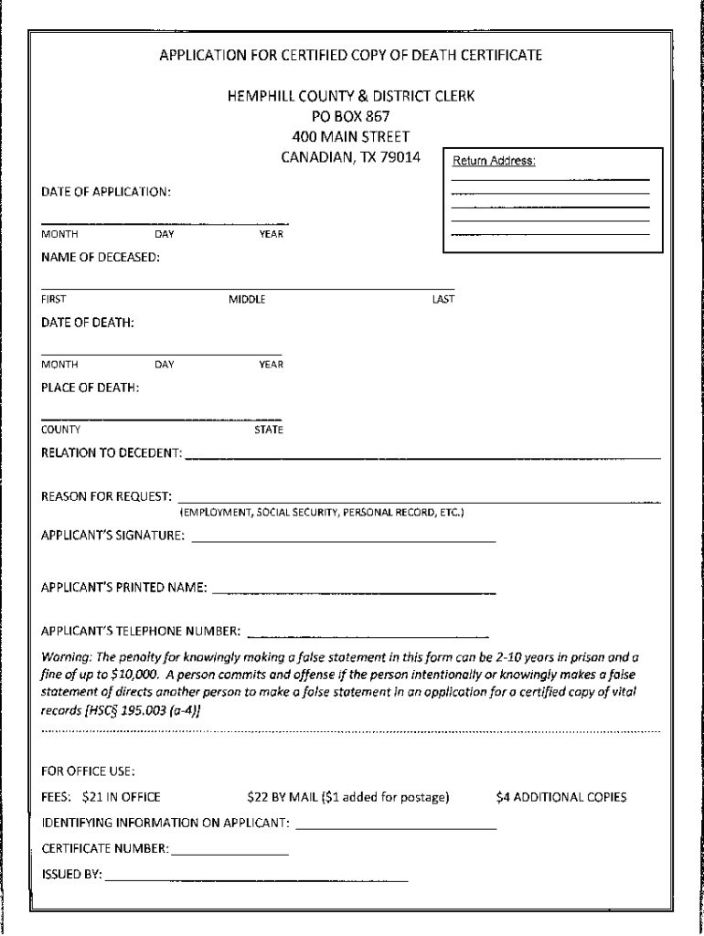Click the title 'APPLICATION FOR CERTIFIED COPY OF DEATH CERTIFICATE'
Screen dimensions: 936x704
coord(351,55)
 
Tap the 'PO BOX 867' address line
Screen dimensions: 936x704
coord(351,116)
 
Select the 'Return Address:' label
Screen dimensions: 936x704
coord(494,162)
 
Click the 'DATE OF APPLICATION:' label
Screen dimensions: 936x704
coord(106,192)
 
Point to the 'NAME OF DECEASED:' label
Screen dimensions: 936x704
coord(101,257)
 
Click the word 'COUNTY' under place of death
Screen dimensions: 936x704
coord(60,430)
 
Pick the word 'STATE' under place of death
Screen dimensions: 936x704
coord(269,430)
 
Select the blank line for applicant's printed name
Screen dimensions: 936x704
coord(354,593)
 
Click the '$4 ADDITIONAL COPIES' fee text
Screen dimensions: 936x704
coord(561,797)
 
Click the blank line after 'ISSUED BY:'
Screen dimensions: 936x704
coord(256,880)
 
